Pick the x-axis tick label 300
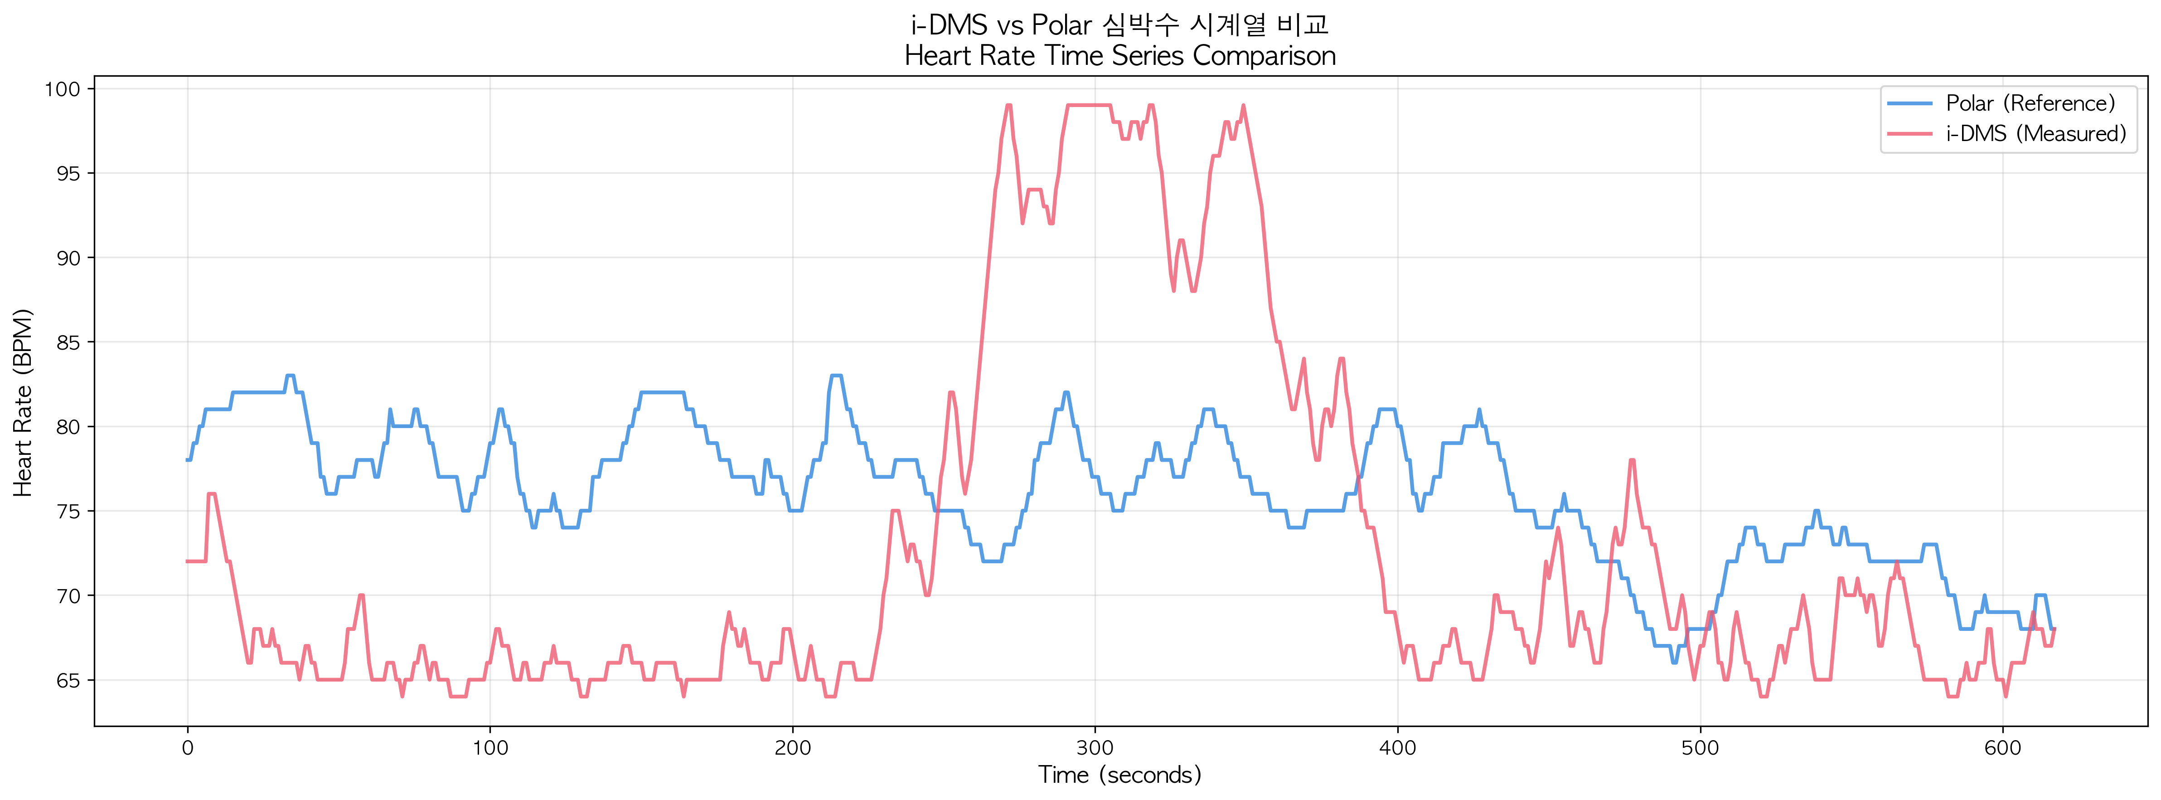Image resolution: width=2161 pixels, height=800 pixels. coord(1095,748)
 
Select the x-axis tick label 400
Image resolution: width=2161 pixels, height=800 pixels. coord(1398,748)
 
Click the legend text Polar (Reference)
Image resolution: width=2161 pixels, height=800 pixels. coord(2030,103)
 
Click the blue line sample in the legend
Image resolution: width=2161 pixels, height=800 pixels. coord(1910,103)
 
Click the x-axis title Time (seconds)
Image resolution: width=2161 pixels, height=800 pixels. coord(1120,775)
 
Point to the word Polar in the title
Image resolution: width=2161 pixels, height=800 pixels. coord(1061,25)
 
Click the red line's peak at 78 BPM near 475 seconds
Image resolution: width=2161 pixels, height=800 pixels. coord(1632,460)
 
